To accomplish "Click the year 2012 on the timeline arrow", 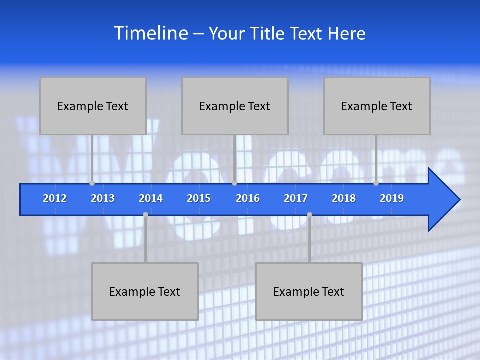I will pos(55,198).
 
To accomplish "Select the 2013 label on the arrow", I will pos(103,198).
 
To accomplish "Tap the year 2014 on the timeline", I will pos(151,198).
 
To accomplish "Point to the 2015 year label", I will pos(199,198).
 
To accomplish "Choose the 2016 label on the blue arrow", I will pos(248,198).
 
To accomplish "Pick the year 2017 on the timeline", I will pos(296,198).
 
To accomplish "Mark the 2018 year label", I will pos(344,198).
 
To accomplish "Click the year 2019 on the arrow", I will pos(392,198).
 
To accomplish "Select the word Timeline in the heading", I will pos(151,33).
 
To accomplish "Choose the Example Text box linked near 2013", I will pos(93,106).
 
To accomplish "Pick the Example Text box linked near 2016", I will pos(235,106).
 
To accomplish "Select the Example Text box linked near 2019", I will pos(377,106).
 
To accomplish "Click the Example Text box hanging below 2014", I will pos(145,291).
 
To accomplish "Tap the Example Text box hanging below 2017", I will pos(309,291).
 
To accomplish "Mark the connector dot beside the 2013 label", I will pos(92,183).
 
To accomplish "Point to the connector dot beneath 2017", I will pos(309,215).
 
